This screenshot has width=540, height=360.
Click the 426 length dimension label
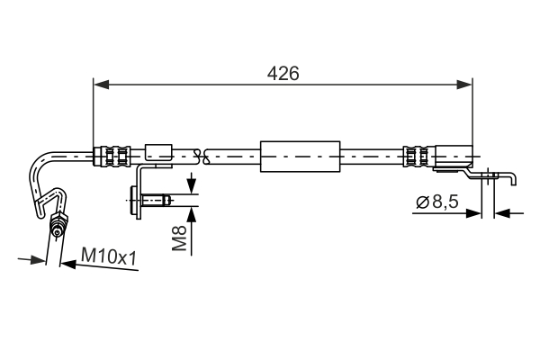(x=283, y=74)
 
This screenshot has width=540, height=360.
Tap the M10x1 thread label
(x=109, y=256)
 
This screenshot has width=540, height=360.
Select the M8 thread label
(x=179, y=238)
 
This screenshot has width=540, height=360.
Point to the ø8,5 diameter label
(x=437, y=202)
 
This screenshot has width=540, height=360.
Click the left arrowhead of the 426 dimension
(x=101, y=85)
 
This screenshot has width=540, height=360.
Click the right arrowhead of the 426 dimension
(x=464, y=85)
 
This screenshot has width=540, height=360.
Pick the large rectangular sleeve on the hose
(x=300, y=157)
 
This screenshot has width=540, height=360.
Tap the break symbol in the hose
(x=202, y=157)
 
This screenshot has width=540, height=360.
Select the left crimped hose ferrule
(x=112, y=157)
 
